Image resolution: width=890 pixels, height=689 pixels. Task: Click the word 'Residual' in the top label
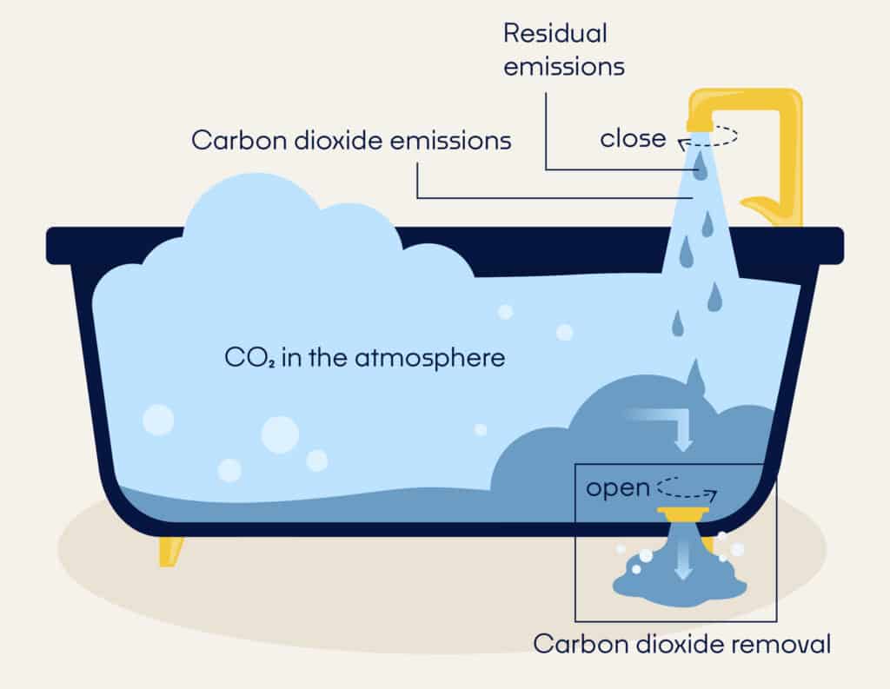[555, 35]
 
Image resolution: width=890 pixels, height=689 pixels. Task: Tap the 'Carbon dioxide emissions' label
[351, 141]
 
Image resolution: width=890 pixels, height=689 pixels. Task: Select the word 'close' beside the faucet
[633, 138]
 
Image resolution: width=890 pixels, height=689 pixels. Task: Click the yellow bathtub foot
[171, 550]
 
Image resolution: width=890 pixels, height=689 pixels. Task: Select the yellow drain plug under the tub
[686, 513]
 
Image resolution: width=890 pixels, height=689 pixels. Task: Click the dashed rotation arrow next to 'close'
[707, 137]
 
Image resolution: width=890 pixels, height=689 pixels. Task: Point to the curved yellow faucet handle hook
[768, 207]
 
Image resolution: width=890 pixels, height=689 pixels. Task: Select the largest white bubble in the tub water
[280, 434]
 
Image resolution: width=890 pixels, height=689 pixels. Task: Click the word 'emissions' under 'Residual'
[563, 67]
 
